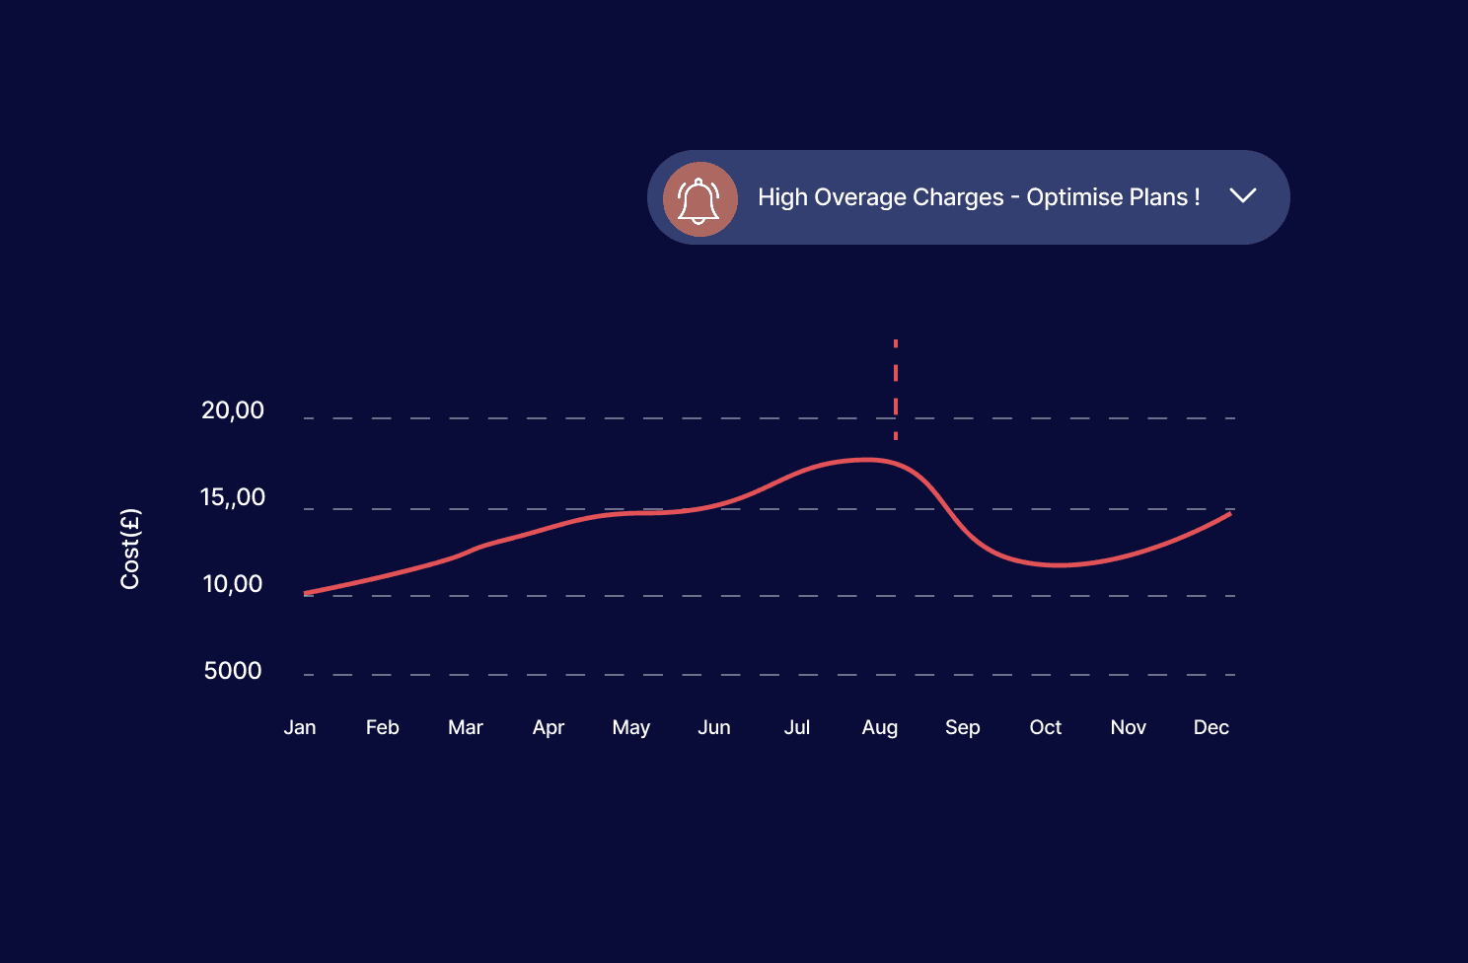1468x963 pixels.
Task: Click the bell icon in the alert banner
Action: (699, 198)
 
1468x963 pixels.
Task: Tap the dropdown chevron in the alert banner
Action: (1243, 195)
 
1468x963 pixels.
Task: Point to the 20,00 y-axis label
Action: (233, 410)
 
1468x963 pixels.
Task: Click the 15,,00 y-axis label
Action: (233, 497)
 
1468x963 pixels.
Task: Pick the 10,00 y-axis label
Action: (233, 584)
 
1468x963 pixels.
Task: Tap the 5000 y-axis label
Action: (233, 671)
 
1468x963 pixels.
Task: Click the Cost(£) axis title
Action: (130, 549)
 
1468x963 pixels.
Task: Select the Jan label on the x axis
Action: (300, 728)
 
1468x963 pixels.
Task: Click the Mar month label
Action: (466, 728)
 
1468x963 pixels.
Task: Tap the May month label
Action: (631, 728)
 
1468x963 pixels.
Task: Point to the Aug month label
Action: (880, 728)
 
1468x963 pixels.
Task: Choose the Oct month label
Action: (1046, 728)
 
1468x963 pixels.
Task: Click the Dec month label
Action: (1211, 728)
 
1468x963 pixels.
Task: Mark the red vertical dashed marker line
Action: (896, 389)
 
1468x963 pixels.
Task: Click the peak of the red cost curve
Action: (866, 459)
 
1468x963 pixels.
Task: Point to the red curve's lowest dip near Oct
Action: (1058, 565)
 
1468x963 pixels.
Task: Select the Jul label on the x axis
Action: (797, 728)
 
